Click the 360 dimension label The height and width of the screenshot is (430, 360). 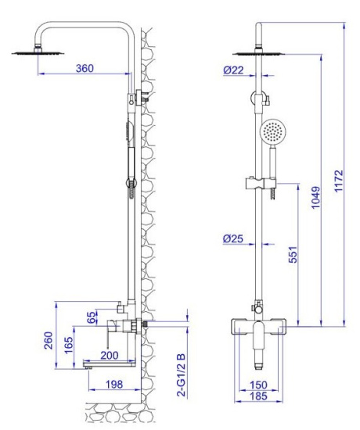pos(84,69)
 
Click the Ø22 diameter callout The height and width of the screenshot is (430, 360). pos(233,70)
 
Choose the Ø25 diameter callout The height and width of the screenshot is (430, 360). pos(233,238)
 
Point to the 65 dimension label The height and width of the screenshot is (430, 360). pos(92,317)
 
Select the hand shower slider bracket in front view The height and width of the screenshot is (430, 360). pos(259,185)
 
